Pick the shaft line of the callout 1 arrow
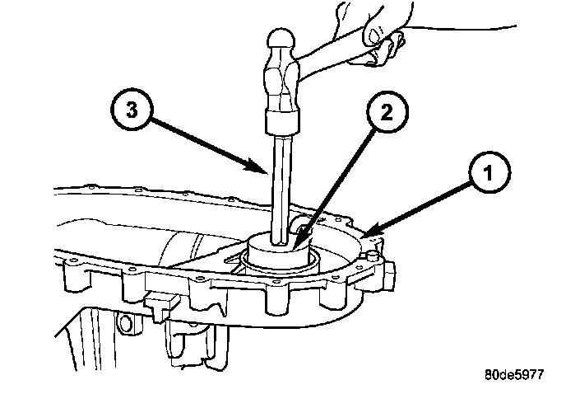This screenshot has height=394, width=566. point(420,206)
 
